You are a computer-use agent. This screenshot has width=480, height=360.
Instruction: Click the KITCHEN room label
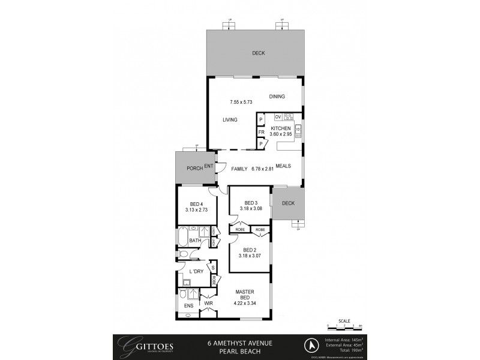(x=281, y=128)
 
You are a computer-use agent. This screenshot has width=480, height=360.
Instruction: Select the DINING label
(x=277, y=97)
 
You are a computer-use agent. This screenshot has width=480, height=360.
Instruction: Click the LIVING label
(x=230, y=120)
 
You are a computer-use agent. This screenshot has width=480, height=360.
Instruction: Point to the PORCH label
(x=194, y=168)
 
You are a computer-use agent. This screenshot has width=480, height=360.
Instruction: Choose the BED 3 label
(x=251, y=203)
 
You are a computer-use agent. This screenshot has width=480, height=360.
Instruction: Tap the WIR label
(x=209, y=304)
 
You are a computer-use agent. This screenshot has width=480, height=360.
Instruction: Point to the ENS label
(x=189, y=306)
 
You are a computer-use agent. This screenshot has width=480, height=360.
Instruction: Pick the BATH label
(x=194, y=241)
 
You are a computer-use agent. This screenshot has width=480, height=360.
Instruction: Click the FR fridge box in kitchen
(x=261, y=133)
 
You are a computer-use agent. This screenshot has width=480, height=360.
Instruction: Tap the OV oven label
(x=278, y=116)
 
